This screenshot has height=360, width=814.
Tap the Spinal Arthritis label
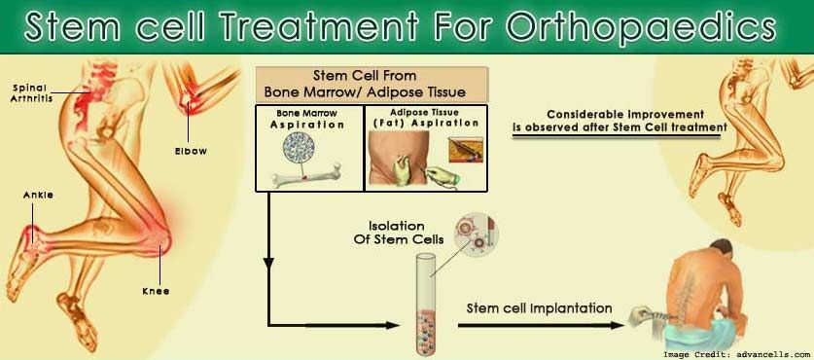[x=31, y=92]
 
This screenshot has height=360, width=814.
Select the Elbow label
[x=191, y=152]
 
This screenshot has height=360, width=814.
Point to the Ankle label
[x=39, y=196]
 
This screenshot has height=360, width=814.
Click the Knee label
[x=156, y=292]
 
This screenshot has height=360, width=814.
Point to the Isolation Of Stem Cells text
[x=399, y=233]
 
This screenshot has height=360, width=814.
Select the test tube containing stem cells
[x=425, y=304]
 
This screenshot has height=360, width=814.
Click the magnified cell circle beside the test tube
[x=476, y=232]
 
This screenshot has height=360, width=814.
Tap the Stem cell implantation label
[x=540, y=308]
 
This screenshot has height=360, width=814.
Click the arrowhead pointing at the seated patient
[x=617, y=326]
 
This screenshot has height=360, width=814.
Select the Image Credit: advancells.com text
[x=735, y=354]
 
